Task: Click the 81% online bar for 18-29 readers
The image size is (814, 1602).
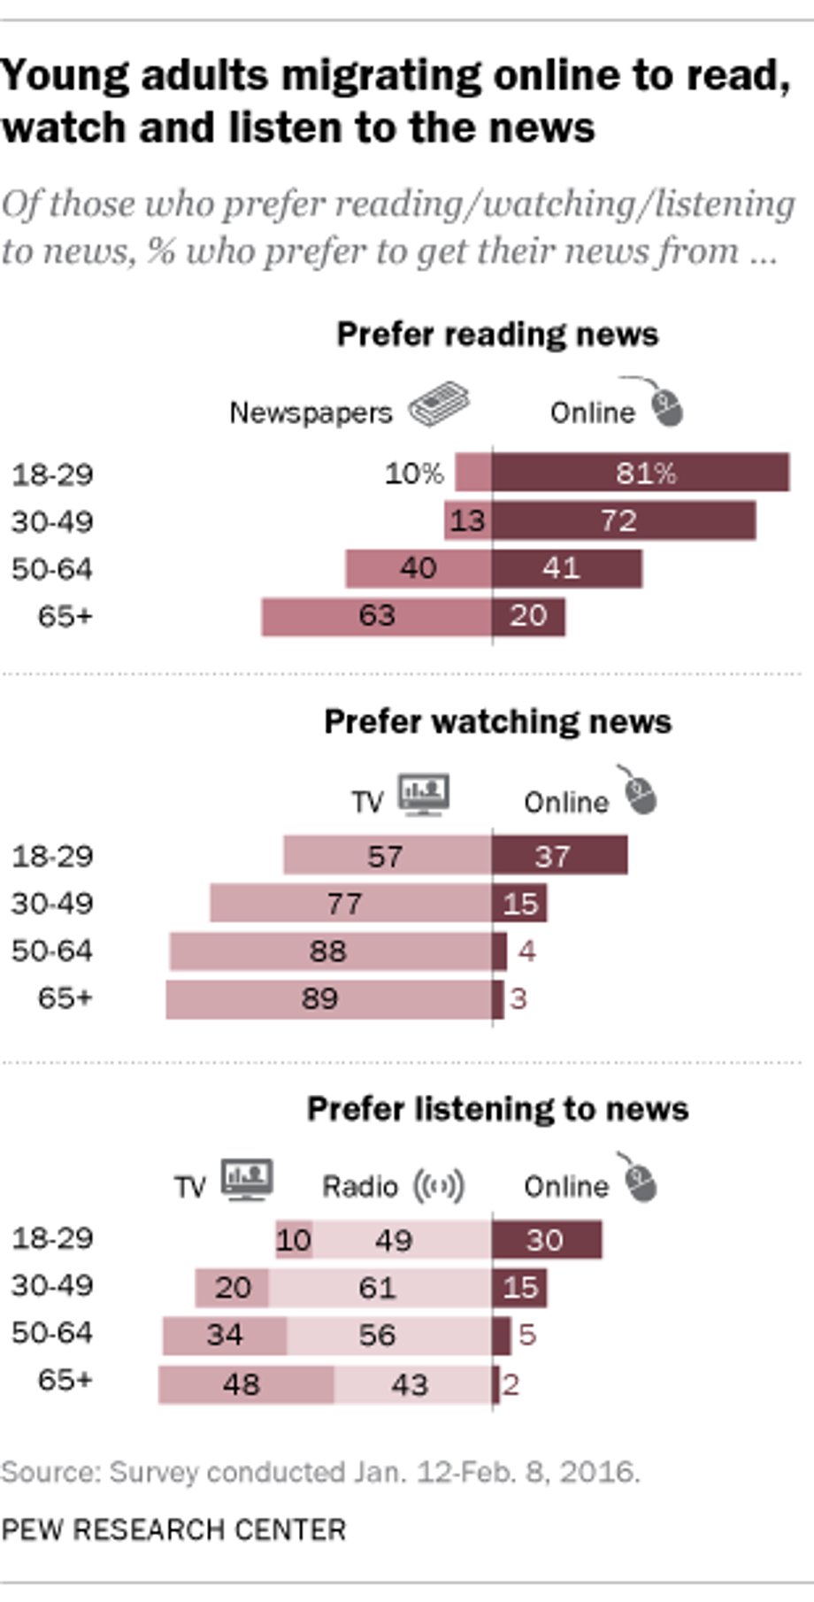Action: [x=641, y=473]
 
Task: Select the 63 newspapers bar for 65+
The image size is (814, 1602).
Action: [x=376, y=616]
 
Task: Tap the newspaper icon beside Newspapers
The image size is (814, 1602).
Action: [x=439, y=405]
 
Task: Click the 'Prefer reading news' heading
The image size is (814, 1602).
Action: [x=497, y=335]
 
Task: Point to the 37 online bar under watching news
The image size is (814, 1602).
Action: [x=560, y=855]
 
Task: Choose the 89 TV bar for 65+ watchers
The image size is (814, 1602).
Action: [x=328, y=999]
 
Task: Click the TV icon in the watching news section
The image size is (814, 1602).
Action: [x=424, y=795]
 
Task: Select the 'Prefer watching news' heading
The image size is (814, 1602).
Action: [x=497, y=721]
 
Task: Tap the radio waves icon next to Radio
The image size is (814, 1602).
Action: [x=439, y=1186]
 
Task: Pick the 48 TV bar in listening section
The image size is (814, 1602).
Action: [x=246, y=1384]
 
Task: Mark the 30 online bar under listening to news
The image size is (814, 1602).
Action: [x=547, y=1239]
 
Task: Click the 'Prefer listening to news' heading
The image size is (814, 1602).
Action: [x=497, y=1109]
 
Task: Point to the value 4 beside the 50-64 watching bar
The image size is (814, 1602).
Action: [x=527, y=951]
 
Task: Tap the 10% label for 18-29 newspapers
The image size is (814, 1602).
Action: [x=414, y=474]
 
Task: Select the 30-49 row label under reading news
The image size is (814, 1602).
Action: [x=51, y=521]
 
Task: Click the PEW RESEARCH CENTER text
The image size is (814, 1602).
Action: [x=173, y=1529]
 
